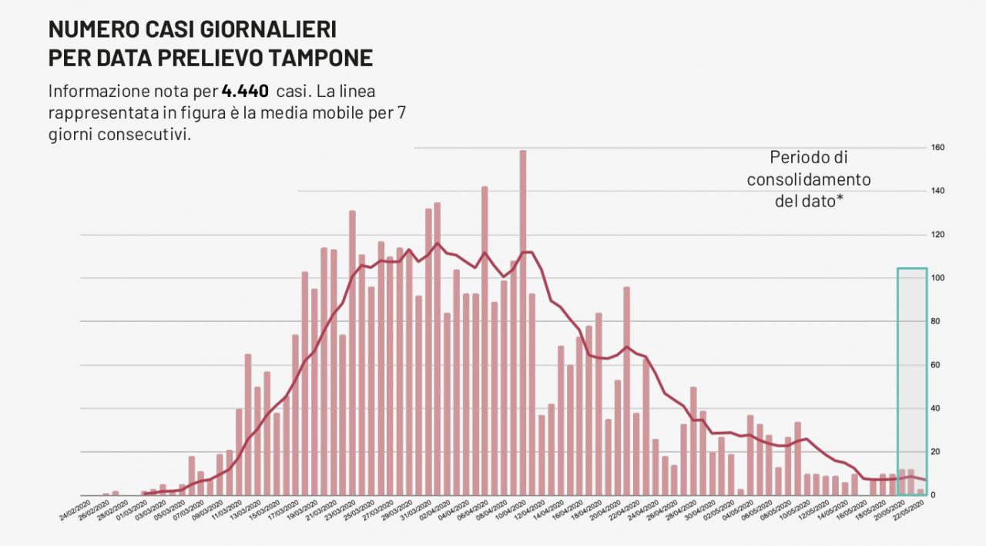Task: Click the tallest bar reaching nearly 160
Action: pos(523,323)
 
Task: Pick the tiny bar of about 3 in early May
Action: pos(741,492)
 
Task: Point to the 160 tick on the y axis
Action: pos(938,147)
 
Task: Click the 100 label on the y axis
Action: pos(938,278)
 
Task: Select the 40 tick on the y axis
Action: pos(938,408)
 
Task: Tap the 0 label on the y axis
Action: pos(933,495)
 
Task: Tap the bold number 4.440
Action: pos(245,91)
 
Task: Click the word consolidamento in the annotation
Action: pos(809,179)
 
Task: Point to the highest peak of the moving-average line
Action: pos(438,243)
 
